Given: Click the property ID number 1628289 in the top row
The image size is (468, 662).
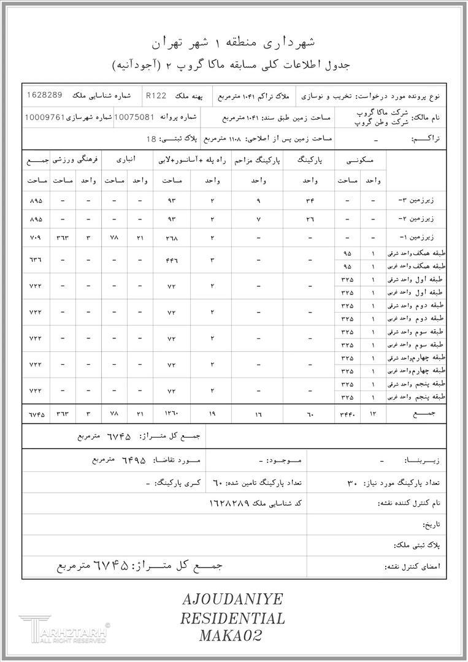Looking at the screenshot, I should click(45, 96).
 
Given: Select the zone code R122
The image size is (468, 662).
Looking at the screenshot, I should click(157, 96).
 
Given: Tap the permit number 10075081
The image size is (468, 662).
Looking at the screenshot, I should click(134, 116).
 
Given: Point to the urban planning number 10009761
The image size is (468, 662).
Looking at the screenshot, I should click(44, 116).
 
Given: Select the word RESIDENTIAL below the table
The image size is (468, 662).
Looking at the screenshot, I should click(233, 618).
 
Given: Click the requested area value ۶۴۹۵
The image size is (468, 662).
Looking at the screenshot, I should click(132, 460).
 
